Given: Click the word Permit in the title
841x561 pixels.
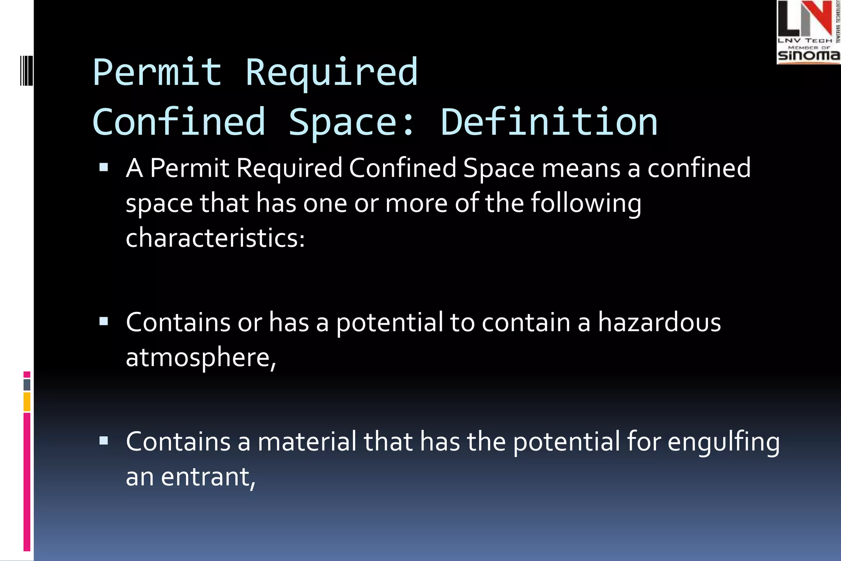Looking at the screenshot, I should coord(158,72).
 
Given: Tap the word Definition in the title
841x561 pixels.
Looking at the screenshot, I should coord(549,122).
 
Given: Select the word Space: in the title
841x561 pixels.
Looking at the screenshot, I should coord(352,122).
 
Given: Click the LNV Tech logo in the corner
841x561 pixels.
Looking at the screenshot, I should coord(808,32).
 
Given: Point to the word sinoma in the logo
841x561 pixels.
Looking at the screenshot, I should coord(808,55).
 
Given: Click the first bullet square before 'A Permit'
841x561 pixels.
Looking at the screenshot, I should coord(103,168).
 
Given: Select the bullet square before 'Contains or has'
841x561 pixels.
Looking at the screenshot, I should coord(103,322).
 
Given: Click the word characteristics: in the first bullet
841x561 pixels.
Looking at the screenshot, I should coord(215,238).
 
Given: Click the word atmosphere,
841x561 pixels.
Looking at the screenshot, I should coord(201,357).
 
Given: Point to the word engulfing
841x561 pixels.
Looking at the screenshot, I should coord(724,443).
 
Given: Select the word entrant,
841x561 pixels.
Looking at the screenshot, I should coord(208,477).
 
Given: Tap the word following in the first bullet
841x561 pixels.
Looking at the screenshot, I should coord(586,204).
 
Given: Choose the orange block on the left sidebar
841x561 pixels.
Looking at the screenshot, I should coord(27,402).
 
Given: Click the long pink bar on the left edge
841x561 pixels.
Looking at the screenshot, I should coord(27,481).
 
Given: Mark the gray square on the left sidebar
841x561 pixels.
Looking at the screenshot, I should coord(27,385).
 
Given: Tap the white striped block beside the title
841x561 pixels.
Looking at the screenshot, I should coord(26,71).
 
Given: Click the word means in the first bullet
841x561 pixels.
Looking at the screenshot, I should coord(581,168).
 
